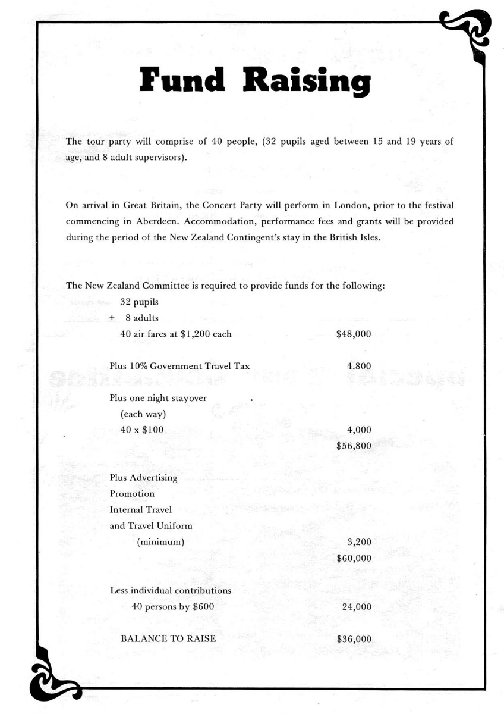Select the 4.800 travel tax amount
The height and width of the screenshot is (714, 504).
(359, 367)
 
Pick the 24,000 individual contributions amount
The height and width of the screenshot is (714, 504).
(357, 607)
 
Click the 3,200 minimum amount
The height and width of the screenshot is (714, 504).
(359, 542)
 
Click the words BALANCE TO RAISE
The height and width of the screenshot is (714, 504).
(168, 639)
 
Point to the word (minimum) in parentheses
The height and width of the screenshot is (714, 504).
(160, 542)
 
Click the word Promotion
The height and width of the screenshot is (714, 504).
(132, 494)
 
